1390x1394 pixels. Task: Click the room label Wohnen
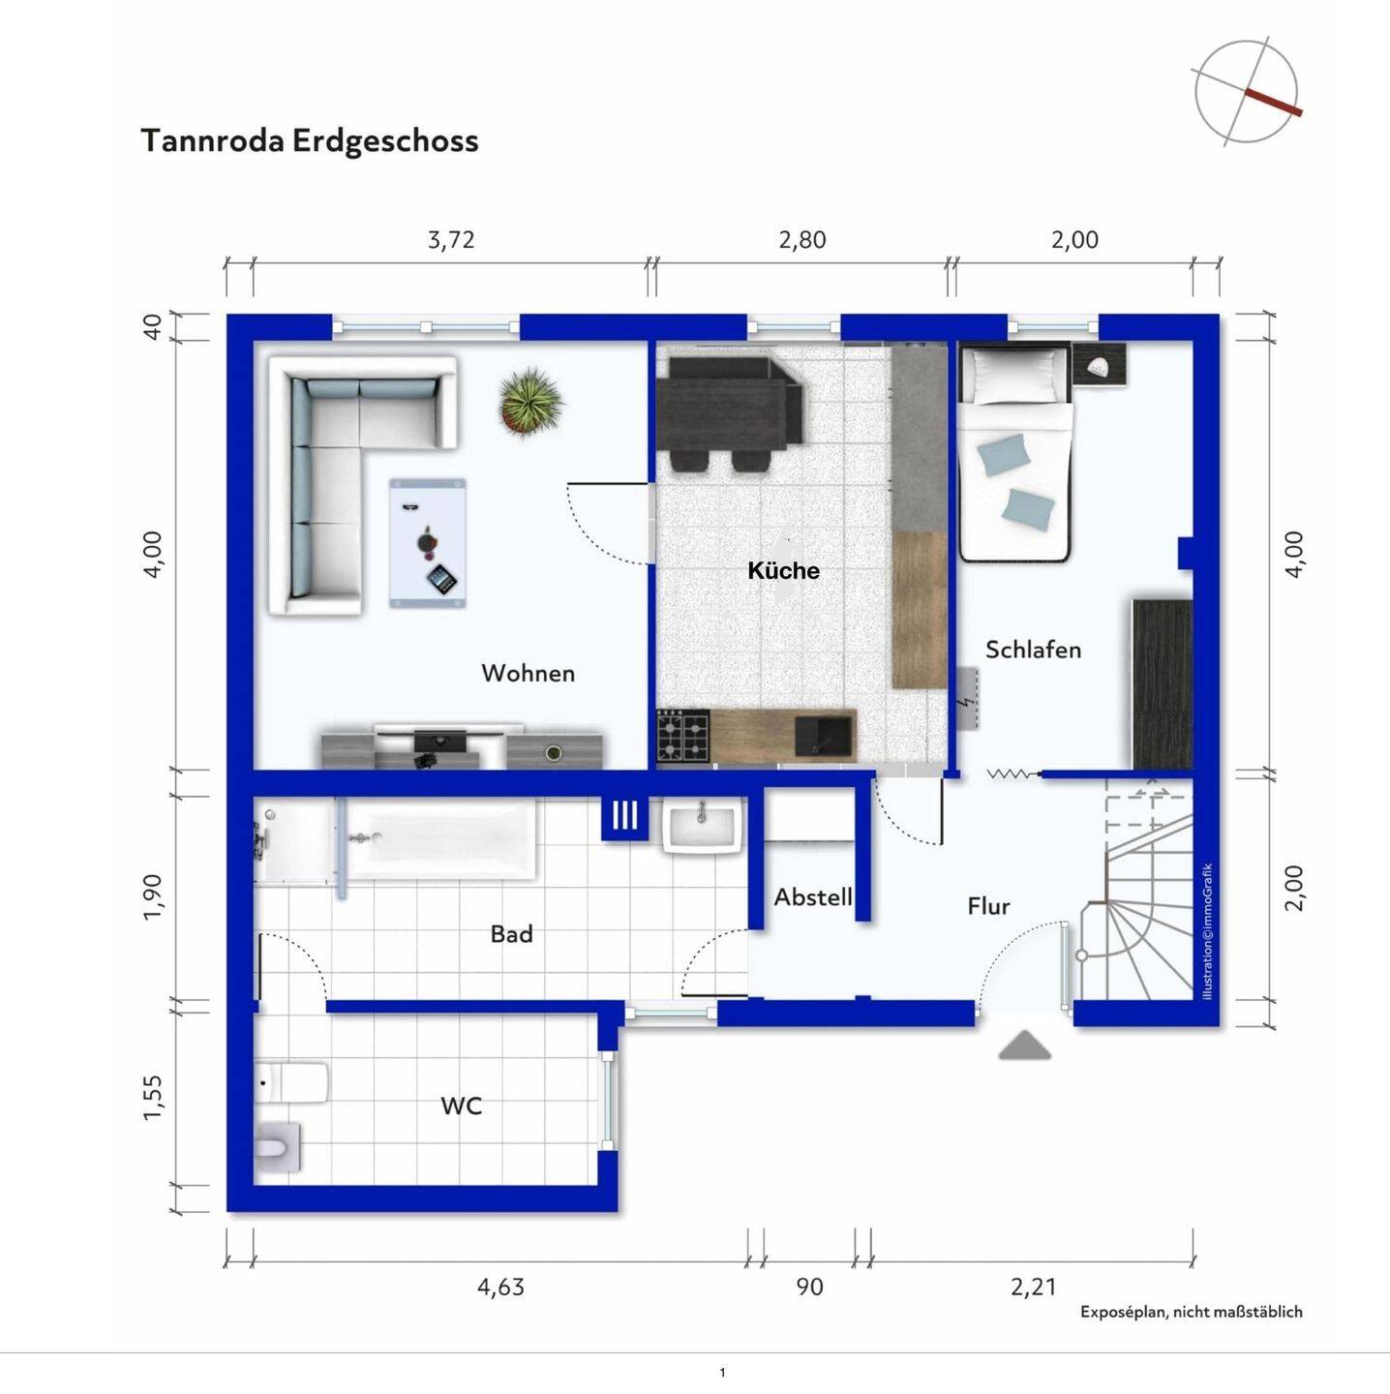(x=529, y=674)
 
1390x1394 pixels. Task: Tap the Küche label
(x=784, y=571)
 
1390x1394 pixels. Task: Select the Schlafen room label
(x=1033, y=650)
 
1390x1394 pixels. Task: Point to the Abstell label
(x=813, y=897)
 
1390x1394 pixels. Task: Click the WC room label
(x=462, y=1106)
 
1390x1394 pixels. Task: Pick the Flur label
(x=988, y=906)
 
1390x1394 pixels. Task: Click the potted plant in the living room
(x=531, y=402)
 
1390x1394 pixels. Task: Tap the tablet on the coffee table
(x=441, y=580)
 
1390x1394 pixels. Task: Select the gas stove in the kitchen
(x=683, y=735)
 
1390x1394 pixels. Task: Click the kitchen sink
(x=825, y=735)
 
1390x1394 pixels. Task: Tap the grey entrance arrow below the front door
(x=1024, y=1046)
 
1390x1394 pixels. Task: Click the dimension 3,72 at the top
(x=451, y=239)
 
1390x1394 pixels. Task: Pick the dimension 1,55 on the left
(x=153, y=1099)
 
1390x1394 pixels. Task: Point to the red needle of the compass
(x=1274, y=103)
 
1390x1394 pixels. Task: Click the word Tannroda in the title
(x=213, y=140)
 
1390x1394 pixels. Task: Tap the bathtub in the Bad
(x=441, y=840)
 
